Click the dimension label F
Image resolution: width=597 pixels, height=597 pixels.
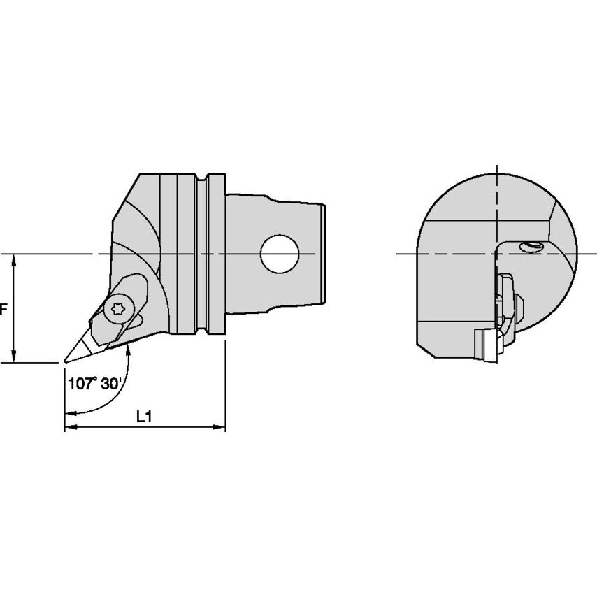coord(3,308)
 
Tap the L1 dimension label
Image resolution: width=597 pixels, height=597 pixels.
coord(144,417)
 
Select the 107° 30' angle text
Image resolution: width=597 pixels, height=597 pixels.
coord(95,383)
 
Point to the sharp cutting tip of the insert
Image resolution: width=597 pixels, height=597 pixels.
coord(66,361)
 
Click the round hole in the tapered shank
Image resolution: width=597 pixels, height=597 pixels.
coord(279,253)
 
